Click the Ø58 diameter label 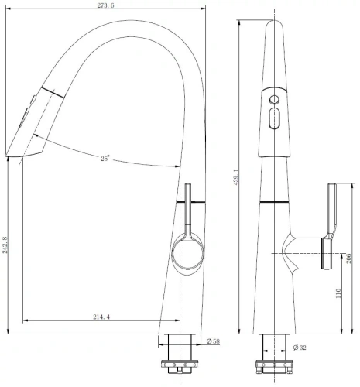click(x=212, y=342)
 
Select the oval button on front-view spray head click(x=273, y=119)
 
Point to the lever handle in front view click(x=332, y=209)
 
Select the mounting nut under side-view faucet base click(x=183, y=365)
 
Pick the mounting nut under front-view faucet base click(x=274, y=365)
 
